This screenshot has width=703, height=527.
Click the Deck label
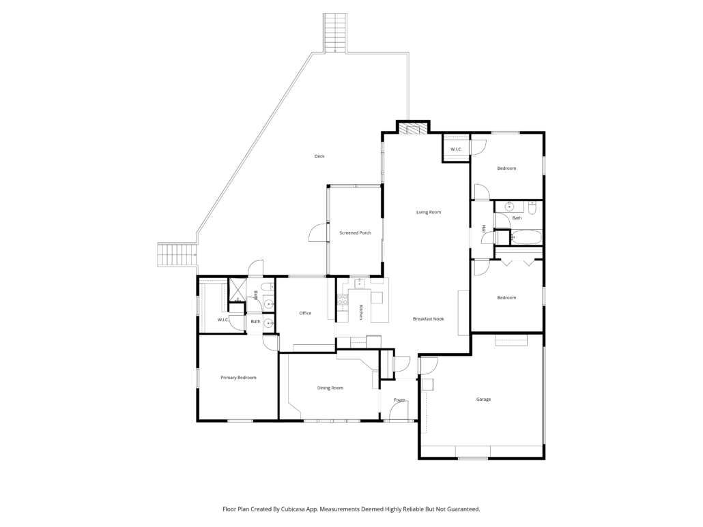click(x=319, y=156)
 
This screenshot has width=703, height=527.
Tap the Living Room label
click(x=429, y=212)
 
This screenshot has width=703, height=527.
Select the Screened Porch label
click(x=355, y=233)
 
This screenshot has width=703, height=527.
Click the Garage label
click(x=483, y=399)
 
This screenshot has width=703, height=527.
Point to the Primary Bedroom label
click(x=238, y=378)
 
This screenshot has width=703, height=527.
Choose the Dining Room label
click(x=330, y=388)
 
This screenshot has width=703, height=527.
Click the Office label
click(x=305, y=313)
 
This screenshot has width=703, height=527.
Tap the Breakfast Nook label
click(x=428, y=319)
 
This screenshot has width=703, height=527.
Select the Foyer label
click(x=399, y=400)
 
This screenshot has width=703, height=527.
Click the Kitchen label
click(x=360, y=312)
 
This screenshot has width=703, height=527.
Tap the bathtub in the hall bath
click(x=526, y=237)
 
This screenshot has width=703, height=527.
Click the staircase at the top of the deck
click(x=334, y=33)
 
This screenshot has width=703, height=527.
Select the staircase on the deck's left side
click(x=177, y=255)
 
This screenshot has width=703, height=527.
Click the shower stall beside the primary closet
click(x=237, y=290)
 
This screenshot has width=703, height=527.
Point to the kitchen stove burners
click(x=343, y=299)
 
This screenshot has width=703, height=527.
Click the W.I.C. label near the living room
click(x=456, y=149)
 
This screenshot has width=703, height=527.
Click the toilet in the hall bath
click(x=532, y=209)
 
